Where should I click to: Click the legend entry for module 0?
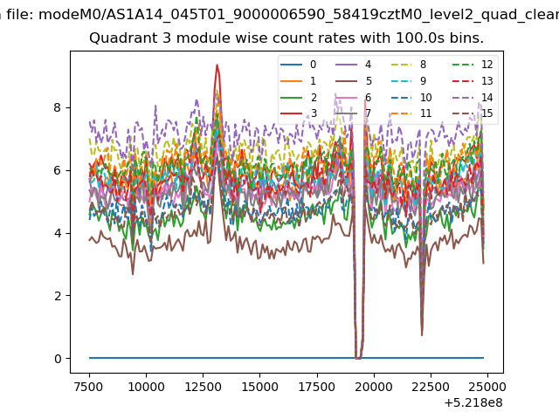pos(299,65)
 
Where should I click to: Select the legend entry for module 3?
pos(299,113)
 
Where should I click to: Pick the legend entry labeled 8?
pos(409,65)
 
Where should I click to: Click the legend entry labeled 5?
pos(354,81)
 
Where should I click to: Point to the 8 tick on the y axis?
pos(58,107)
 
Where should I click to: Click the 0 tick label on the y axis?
pos(58,359)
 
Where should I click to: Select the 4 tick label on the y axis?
pos(58,233)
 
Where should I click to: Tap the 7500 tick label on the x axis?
pos(89,387)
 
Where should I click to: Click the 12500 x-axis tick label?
pos(204,387)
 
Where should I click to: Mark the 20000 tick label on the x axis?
pos(374,387)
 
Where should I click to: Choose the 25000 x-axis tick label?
pos(487,387)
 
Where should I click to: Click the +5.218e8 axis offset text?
pos(473,403)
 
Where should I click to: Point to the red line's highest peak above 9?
pos(217,65)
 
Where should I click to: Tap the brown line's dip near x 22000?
pos(422,335)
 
